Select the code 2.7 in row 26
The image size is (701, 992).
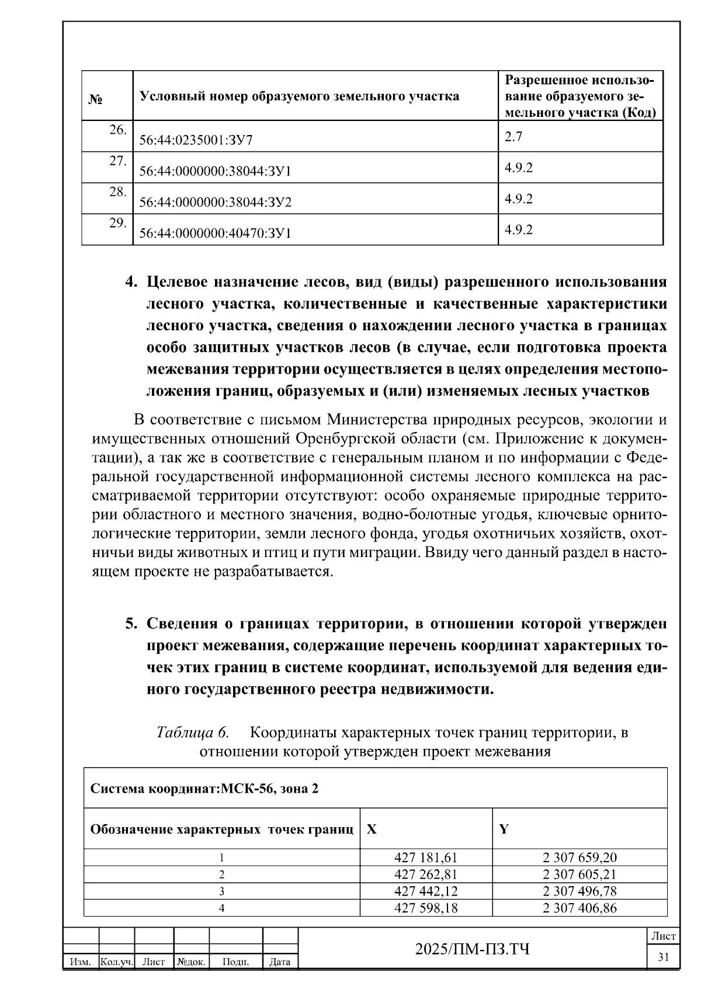(x=513, y=137)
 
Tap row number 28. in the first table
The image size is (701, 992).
(x=118, y=192)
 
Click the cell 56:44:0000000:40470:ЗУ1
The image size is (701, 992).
(x=215, y=234)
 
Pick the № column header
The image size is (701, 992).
(x=96, y=99)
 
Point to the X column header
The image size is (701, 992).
(x=372, y=829)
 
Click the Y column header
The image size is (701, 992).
(x=504, y=829)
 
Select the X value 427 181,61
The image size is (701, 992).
(x=426, y=858)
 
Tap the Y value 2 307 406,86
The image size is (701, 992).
(x=579, y=908)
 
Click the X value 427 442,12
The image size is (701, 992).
(x=426, y=891)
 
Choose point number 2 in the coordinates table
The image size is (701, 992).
(x=221, y=875)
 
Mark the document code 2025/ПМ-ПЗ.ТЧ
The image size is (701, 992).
(x=472, y=949)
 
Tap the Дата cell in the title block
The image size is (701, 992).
(x=280, y=962)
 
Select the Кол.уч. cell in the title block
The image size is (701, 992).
(x=117, y=962)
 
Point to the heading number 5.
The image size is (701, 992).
(x=131, y=624)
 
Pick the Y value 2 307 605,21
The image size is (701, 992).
(x=579, y=875)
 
